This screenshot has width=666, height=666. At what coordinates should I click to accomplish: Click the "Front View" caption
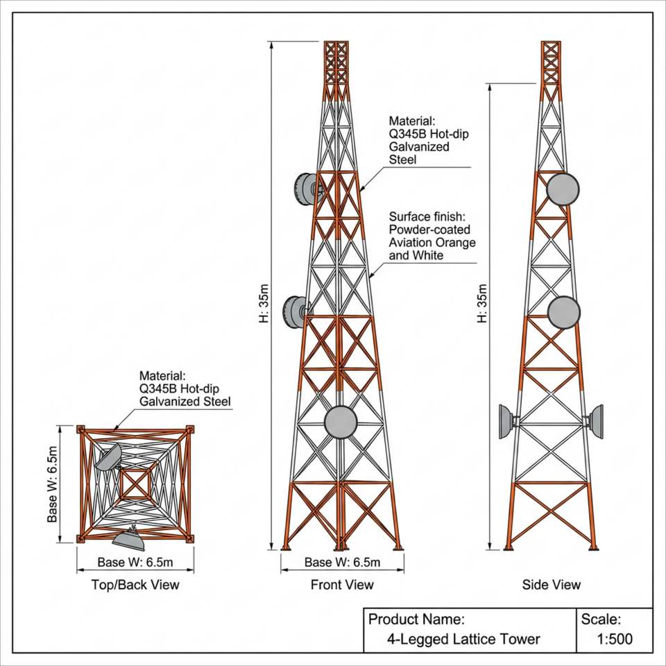tap(342, 585)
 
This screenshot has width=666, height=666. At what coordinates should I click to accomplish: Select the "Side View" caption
tap(552, 585)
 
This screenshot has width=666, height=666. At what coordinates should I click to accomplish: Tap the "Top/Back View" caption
tap(135, 585)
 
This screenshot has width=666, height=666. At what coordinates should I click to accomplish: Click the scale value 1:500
tap(615, 639)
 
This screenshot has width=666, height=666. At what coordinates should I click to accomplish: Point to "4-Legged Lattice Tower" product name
tap(463, 639)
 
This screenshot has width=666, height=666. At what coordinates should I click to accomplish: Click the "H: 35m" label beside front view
tap(264, 303)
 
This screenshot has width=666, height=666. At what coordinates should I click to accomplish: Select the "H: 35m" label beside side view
tap(481, 303)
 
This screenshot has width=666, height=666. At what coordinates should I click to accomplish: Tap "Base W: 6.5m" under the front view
tap(342, 563)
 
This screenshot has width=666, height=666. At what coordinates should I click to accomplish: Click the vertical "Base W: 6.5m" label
tap(52, 484)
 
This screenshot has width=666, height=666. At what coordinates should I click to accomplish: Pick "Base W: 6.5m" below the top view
tap(135, 563)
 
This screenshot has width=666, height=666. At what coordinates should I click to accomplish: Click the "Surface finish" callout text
tap(432, 236)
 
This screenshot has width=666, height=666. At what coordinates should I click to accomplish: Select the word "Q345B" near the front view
tap(408, 134)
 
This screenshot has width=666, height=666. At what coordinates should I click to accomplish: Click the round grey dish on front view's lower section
tap(341, 422)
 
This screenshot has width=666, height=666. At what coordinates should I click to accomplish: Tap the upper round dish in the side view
tap(563, 189)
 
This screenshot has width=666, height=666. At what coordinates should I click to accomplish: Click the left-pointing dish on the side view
tap(506, 422)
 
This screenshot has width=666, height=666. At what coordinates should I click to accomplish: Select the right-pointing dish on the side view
tap(596, 422)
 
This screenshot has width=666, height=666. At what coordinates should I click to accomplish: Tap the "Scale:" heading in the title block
tap(601, 620)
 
